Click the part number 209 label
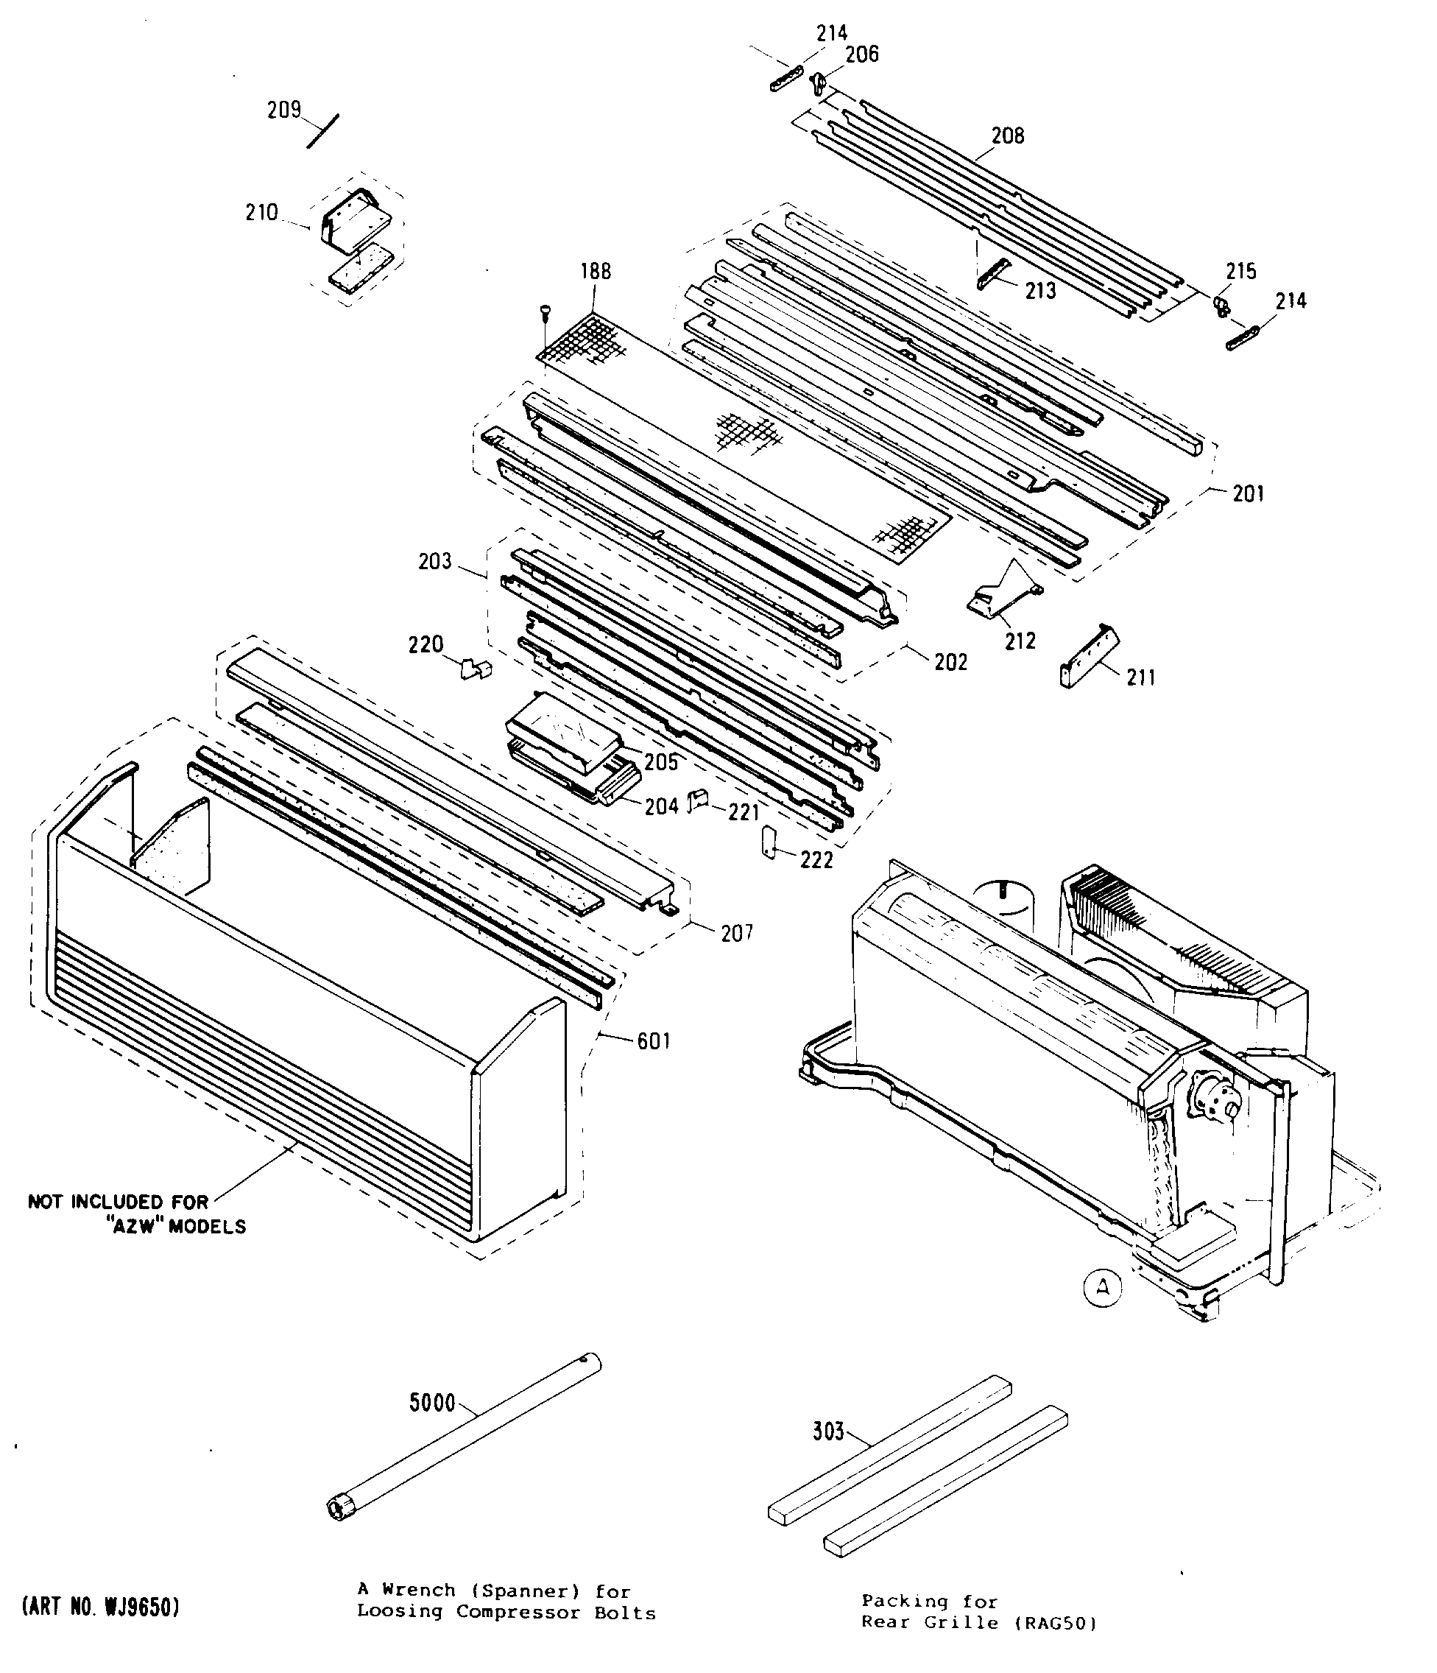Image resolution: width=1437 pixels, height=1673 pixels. click(283, 109)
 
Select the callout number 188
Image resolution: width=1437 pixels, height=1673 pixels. click(596, 271)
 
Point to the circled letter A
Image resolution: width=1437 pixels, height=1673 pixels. click(1103, 1288)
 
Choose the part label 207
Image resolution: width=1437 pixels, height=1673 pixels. click(736, 934)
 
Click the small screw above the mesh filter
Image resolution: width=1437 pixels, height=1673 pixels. click(545, 310)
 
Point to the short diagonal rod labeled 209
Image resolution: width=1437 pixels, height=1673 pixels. click(323, 131)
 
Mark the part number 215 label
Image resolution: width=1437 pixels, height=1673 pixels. click(1241, 271)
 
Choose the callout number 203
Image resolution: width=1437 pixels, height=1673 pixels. click(434, 561)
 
